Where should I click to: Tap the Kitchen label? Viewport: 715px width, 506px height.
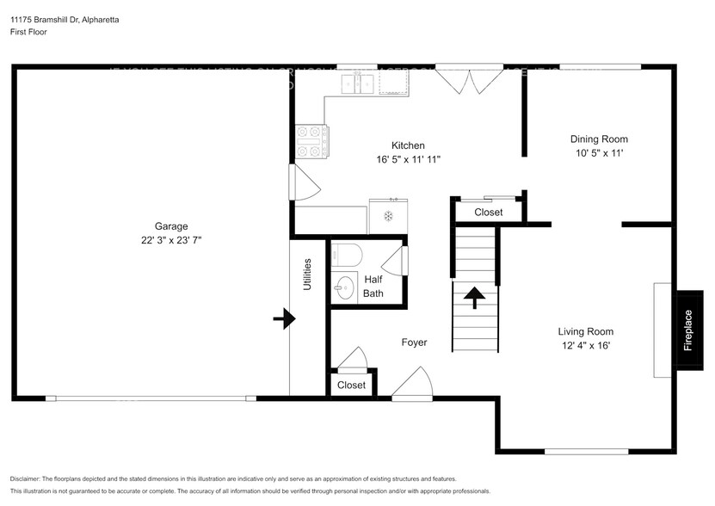click(408, 145)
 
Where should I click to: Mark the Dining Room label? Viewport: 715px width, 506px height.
click(600, 139)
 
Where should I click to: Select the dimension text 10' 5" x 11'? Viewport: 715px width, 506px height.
click(600, 153)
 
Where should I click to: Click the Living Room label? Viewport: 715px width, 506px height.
click(585, 331)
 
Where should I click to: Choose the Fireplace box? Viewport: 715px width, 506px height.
click(688, 330)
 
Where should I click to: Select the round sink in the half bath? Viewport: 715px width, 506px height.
click(344, 287)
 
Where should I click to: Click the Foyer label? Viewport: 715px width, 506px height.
click(414, 342)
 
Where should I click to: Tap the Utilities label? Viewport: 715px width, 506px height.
click(307, 274)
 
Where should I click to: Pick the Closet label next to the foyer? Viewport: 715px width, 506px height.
click(350, 385)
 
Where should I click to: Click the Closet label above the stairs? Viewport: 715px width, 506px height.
click(489, 212)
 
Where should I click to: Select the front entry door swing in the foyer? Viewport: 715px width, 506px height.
click(414, 383)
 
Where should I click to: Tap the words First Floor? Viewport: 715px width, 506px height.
click(29, 32)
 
